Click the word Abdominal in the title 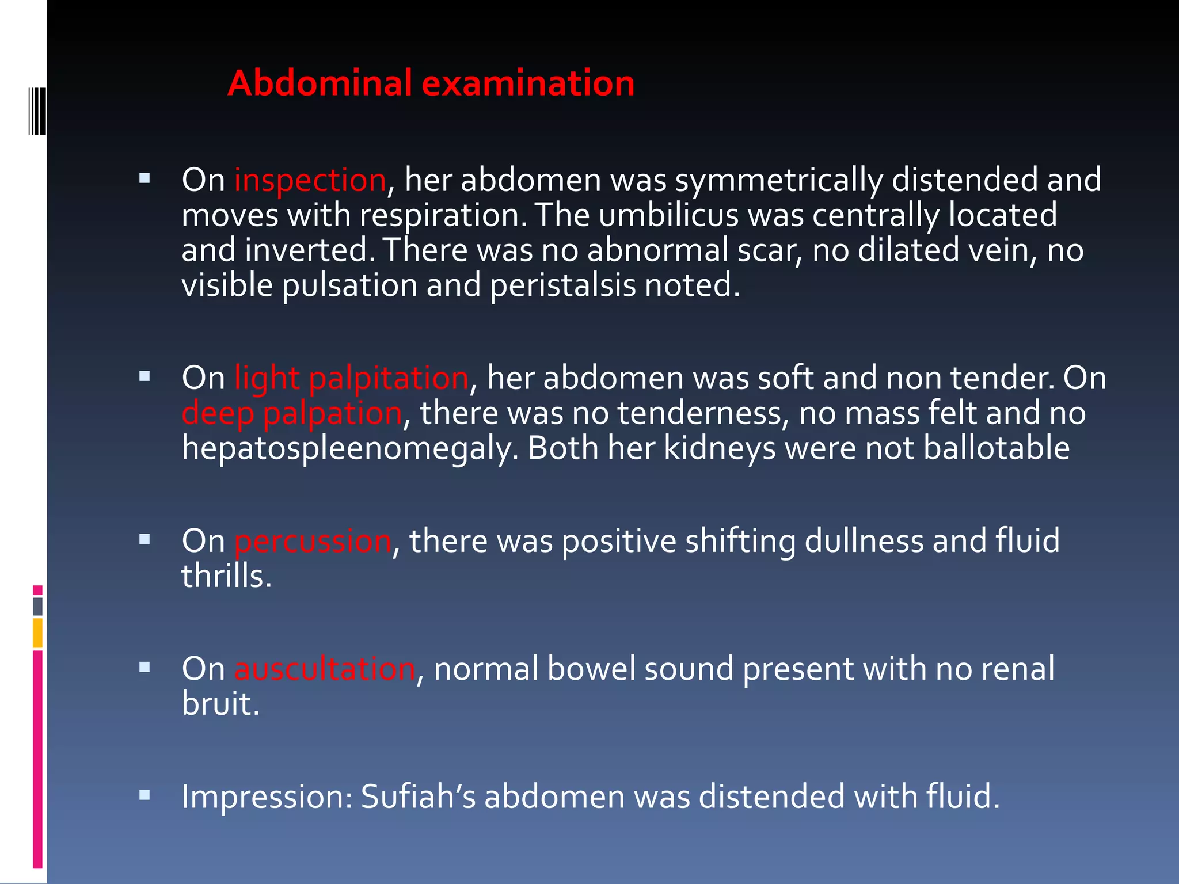pos(320,83)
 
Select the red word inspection pos(310,180)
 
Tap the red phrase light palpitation pos(351,379)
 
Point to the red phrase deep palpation pos(291,414)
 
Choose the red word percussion pos(313,542)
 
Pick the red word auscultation pos(324,669)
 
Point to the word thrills pos(226,577)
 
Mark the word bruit pos(220,704)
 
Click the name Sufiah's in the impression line pos(418,797)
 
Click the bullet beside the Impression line pos(144,795)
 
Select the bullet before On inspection pos(144,178)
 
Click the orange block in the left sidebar pos(37,633)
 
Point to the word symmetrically pos(779,180)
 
